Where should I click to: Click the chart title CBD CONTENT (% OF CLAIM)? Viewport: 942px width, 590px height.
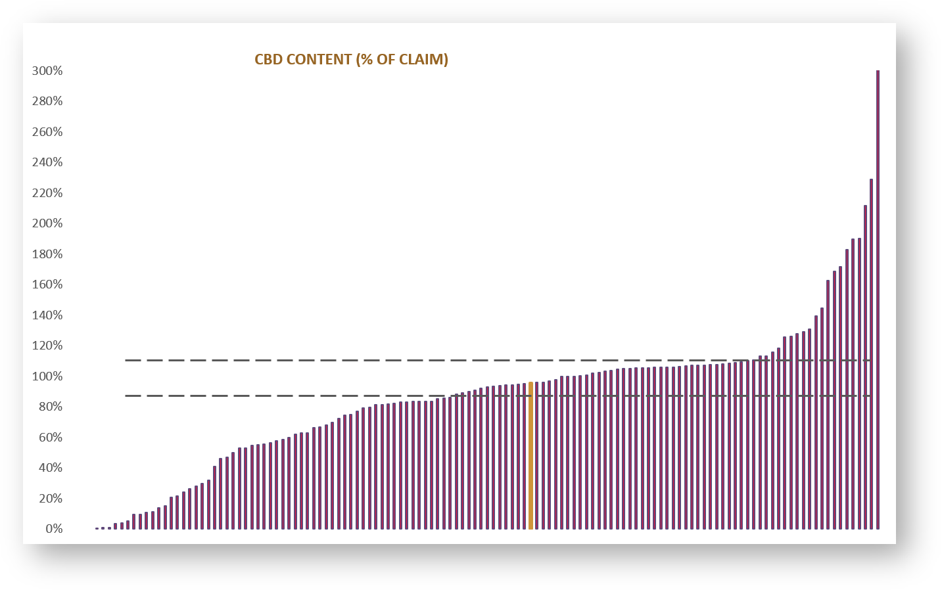[x=351, y=60]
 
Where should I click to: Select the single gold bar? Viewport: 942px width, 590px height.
[x=530, y=455]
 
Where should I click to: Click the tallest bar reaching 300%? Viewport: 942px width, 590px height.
[x=878, y=299]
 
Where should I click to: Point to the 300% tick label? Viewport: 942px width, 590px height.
[x=47, y=71]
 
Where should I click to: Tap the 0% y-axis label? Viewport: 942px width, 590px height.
[x=54, y=529]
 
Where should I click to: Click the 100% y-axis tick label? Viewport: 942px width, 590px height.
[x=47, y=376]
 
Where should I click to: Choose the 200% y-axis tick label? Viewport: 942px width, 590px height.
[x=47, y=223]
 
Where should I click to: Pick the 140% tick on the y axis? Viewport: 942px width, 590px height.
[x=47, y=315]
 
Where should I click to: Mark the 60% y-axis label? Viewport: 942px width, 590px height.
[x=50, y=438]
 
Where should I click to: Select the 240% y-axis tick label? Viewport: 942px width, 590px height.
[x=47, y=162]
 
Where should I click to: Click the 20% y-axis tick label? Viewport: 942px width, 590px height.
[x=50, y=499]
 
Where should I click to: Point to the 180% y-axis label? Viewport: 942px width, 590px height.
[x=47, y=254]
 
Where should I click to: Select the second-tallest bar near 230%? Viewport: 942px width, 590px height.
[x=871, y=355]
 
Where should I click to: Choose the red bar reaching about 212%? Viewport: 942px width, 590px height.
[x=865, y=368]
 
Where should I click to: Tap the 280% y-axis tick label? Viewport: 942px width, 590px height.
[x=47, y=101]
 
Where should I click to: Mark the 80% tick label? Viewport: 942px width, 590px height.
[x=50, y=407]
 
